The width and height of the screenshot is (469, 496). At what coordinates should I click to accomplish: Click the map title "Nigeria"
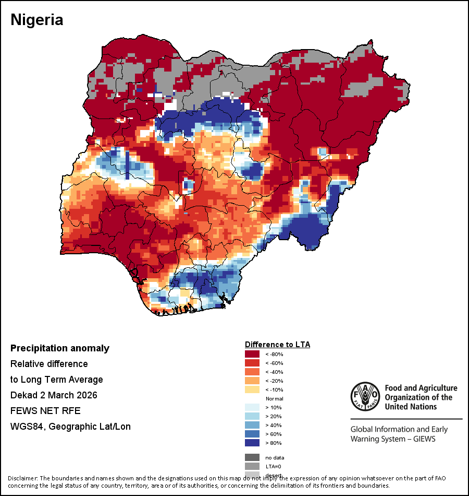tap(37, 20)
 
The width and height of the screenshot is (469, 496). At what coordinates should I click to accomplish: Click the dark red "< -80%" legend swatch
tap(252, 354)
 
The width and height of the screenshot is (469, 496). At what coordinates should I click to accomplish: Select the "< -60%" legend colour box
tap(252, 363)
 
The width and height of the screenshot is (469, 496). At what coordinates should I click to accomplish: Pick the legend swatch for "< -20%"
tap(252, 381)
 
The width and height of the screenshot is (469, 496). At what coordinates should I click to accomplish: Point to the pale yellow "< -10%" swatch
tap(252, 389)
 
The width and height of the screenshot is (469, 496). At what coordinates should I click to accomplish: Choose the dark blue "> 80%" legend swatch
tap(252, 443)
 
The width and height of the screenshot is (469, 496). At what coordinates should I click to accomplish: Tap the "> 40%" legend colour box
tap(252, 425)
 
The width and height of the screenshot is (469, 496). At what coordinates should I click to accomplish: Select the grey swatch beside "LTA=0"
tap(252, 466)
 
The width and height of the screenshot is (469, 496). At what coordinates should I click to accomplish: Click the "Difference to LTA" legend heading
tap(278, 345)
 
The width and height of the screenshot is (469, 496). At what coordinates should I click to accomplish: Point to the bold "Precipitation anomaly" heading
tap(60, 348)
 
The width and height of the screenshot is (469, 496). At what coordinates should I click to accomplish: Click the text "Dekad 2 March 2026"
tap(54, 395)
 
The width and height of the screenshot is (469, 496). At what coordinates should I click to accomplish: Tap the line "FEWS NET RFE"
tap(45, 411)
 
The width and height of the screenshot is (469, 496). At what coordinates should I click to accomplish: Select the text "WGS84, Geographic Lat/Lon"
tap(70, 427)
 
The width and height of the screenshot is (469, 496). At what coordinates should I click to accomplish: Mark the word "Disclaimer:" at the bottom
tap(22, 478)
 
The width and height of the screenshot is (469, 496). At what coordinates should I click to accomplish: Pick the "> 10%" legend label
tap(274, 407)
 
